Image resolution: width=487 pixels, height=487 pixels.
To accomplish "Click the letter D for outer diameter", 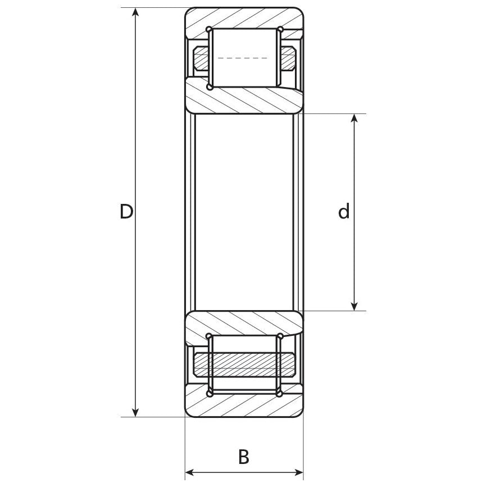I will pyautogui.click(x=126, y=212).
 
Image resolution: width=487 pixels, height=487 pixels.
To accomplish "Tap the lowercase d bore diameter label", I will pyautogui.click(x=344, y=212).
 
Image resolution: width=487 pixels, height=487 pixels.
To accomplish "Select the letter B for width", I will pyautogui.click(x=243, y=457).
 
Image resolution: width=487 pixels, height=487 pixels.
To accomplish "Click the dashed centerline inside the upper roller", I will pyautogui.click(x=243, y=58).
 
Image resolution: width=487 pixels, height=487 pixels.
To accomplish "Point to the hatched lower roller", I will pyautogui.click(x=244, y=364).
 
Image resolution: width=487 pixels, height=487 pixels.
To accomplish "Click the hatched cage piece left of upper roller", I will pyautogui.click(x=201, y=58).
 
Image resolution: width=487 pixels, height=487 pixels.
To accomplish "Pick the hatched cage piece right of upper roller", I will pyautogui.click(x=288, y=58).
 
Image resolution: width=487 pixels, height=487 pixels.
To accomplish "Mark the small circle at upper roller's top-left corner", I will pyautogui.click(x=209, y=29).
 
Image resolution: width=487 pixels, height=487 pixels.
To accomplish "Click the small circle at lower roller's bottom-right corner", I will pyautogui.click(x=279, y=394).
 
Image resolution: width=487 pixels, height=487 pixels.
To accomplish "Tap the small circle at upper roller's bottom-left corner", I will pyautogui.click(x=210, y=87).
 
